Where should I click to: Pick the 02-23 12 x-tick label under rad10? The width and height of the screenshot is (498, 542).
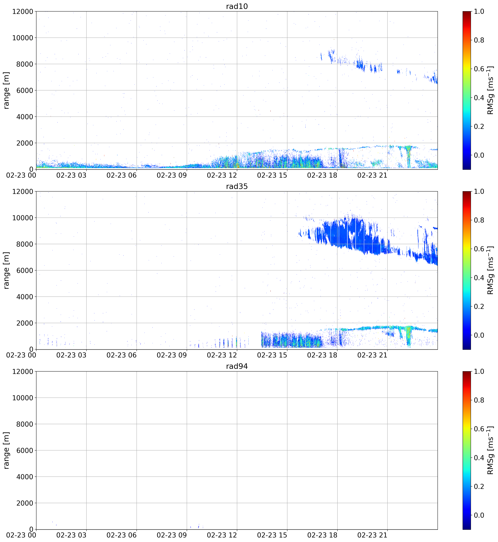222,175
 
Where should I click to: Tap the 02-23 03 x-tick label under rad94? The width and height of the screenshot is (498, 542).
71,535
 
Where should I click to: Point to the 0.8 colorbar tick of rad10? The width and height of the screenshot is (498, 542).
479,40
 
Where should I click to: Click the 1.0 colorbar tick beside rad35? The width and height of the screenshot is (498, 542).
479,192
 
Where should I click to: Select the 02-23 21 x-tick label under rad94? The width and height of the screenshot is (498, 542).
372,535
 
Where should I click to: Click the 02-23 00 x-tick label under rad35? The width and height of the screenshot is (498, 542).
21,355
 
